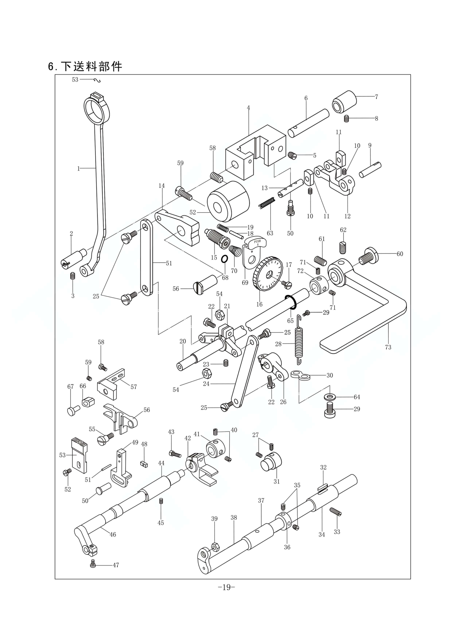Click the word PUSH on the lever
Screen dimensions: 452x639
point(257,241)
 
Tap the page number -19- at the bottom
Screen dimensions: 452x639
point(226,587)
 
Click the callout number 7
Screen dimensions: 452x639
point(376,97)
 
